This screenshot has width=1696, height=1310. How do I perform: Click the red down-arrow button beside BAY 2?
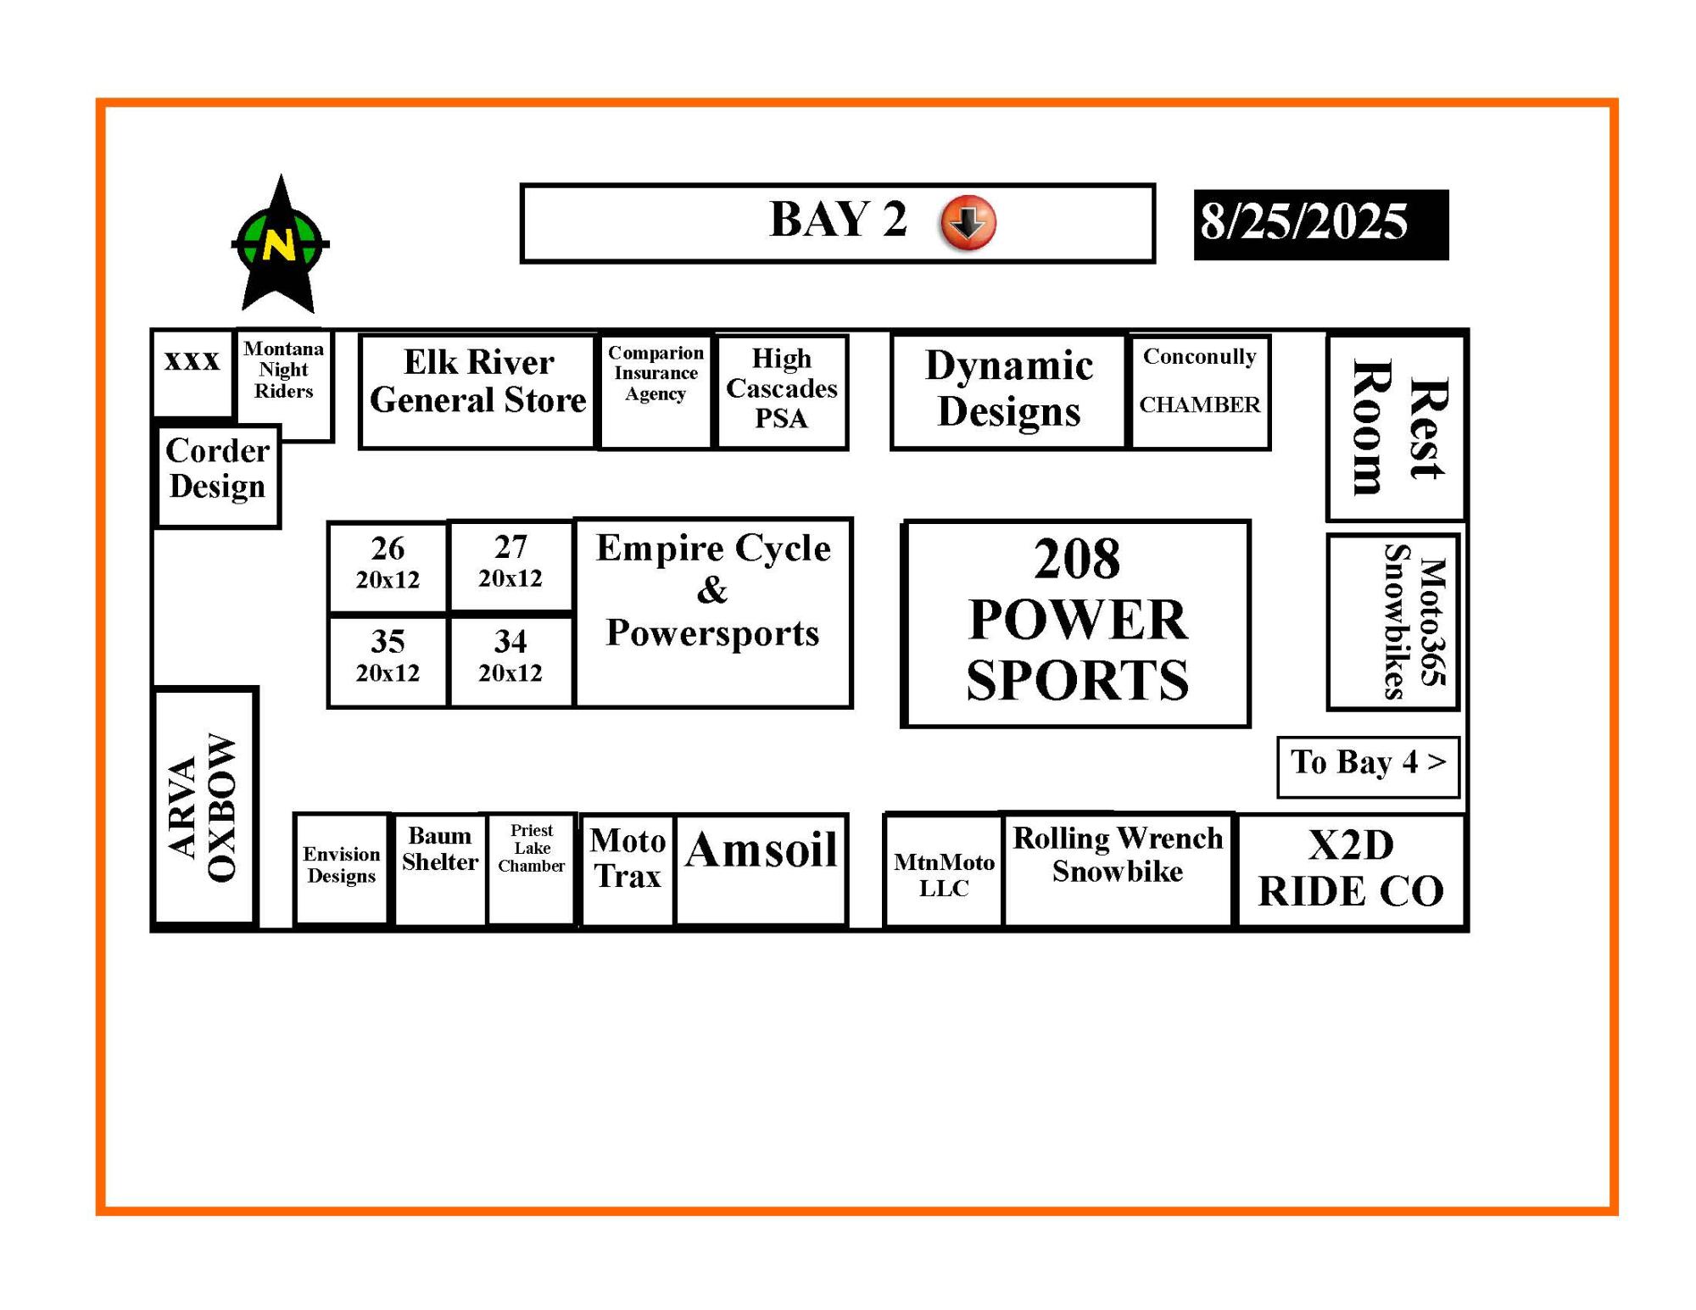(x=968, y=223)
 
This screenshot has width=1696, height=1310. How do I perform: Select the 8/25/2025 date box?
(x=1321, y=225)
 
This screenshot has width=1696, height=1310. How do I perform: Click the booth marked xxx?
(x=192, y=373)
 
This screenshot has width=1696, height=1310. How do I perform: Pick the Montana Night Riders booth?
(x=284, y=385)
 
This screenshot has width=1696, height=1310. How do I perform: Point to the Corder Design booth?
(x=218, y=477)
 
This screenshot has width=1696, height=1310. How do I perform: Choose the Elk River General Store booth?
(x=478, y=391)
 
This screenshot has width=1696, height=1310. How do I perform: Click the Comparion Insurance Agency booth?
(x=656, y=392)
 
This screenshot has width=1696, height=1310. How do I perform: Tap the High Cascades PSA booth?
(x=782, y=392)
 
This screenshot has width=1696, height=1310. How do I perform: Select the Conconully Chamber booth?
(x=1200, y=392)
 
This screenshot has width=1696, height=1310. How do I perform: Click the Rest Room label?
(x=1398, y=427)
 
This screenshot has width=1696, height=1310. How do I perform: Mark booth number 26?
(x=388, y=566)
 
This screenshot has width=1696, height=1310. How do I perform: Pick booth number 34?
(x=510, y=661)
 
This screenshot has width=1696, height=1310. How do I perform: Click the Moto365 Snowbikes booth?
(x=1393, y=622)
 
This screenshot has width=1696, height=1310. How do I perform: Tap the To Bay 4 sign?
(x=1368, y=766)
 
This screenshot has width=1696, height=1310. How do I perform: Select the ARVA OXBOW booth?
(x=204, y=806)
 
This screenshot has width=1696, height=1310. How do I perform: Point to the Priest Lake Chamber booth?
(x=532, y=869)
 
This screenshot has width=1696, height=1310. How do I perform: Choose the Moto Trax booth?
(x=628, y=870)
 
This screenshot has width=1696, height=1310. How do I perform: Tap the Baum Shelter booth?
(x=440, y=870)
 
